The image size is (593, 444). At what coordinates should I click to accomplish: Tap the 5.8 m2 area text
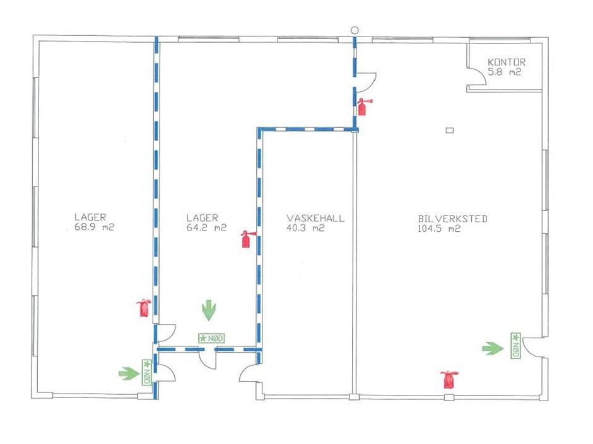coord(505,72)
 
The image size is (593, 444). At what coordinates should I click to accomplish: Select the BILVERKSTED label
coord(453,219)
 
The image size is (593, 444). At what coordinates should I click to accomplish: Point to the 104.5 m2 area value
coord(439,229)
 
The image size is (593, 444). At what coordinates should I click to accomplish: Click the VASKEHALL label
coord(315,219)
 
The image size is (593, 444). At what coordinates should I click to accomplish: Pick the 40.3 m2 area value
coord(305,228)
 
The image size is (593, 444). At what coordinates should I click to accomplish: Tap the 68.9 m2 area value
coord(94,227)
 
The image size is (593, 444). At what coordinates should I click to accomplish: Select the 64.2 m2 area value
coord(206,227)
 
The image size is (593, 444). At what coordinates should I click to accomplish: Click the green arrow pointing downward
coord(209,310)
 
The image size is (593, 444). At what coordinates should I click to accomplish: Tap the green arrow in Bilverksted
coord(493,348)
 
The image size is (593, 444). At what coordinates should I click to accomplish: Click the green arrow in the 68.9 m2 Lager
coord(129,373)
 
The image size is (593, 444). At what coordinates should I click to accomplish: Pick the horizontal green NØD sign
coord(211,338)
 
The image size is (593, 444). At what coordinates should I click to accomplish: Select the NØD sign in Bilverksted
coord(515,346)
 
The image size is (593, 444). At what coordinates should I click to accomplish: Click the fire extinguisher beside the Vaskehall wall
coord(247,239)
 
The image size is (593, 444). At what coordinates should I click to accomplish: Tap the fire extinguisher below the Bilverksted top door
coord(363,106)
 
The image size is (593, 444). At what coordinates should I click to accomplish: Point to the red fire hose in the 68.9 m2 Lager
coord(144,308)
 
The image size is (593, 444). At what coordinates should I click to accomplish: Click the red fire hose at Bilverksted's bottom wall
coord(449,379)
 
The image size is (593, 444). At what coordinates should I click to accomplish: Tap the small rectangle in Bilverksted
coord(450,130)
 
